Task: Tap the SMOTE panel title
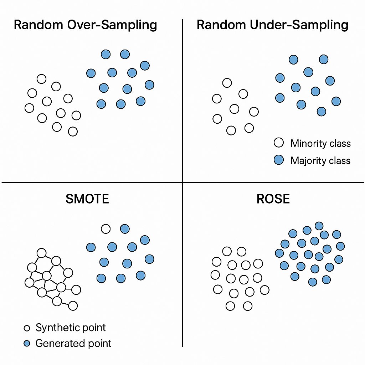click(x=87, y=199)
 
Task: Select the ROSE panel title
click(x=273, y=199)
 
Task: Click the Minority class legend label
click(x=320, y=143)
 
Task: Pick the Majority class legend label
click(x=320, y=160)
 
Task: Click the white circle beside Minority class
click(x=278, y=143)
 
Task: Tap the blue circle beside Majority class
click(x=278, y=160)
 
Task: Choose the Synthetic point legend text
click(x=71, y=328)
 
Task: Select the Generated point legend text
click(x=73, y=343)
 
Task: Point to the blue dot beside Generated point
click(x=27, y=344)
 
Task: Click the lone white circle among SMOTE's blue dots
click(x=106, y=229)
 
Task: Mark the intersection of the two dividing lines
click(x=182, y=182)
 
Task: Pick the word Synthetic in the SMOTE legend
click(x=57, y=328)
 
